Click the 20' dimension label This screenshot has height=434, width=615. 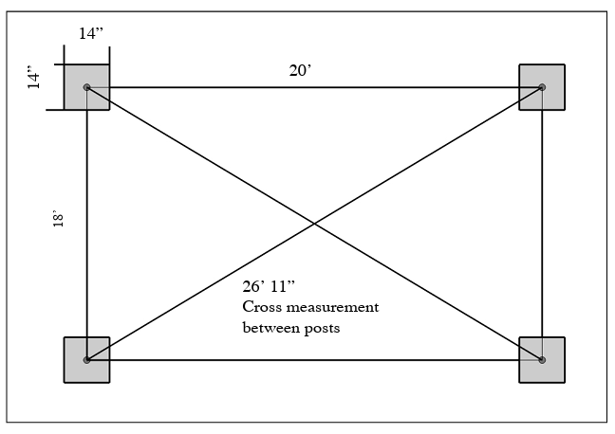(x=299, y=70)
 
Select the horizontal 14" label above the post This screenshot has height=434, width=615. (x=90, y=32)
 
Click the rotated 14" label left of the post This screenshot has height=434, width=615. (x=34, y=78)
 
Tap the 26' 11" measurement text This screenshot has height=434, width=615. (x=273, y=288)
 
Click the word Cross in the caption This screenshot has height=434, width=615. (x=260, y=308)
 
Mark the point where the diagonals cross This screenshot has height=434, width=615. (x=314, y=224)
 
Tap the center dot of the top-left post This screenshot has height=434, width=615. (x=86, y=87)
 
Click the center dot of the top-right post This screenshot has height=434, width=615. (x=542, y=87)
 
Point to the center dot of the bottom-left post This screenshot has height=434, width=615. (x=86, y=360)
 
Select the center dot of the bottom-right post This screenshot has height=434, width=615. (x=542, y=360)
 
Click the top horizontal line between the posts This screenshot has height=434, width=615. (x=313, y=87)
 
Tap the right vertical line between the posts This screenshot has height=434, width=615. (x=542, y=224)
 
